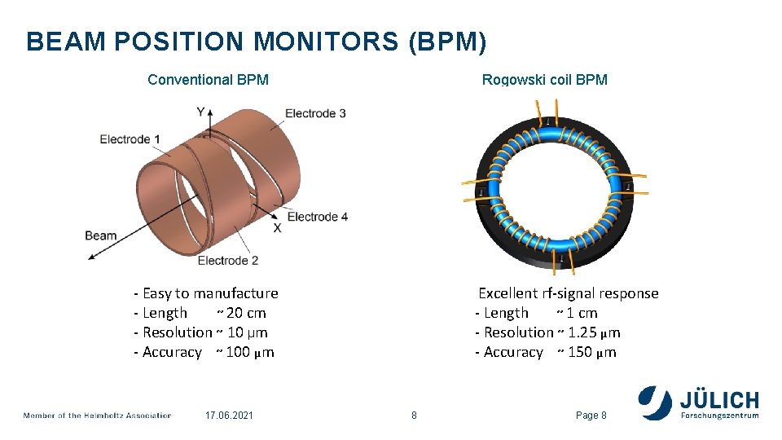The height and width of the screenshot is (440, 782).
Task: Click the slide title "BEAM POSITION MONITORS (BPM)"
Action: (x=257, y=42)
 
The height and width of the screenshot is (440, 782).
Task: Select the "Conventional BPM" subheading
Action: (x=208, y=80)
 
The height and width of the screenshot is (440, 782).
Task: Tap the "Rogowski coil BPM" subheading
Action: (x=544, y=80)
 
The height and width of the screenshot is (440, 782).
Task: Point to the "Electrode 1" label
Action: (x=130, y=139)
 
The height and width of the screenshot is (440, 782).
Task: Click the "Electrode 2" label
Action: (x=228, y=261)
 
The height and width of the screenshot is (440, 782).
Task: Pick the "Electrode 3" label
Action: (x=315, y=113)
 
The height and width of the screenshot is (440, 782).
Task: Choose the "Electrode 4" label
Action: (x=318, y=217)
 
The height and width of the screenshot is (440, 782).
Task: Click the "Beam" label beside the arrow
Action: (x=100, y=236)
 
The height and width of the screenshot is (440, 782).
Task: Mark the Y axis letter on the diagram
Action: (x=200, y=112)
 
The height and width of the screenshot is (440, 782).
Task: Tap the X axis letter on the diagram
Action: (x=277, y=228)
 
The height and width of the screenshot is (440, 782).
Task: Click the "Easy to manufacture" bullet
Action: (x=210, y=293)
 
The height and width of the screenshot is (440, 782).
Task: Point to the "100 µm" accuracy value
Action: (x=250, y=352)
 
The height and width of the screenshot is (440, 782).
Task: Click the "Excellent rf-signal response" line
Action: (x=568, y=293)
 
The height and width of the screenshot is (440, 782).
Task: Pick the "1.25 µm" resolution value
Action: (x=594, y=332)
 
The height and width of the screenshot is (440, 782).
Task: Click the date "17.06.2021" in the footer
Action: (x=230, y=416)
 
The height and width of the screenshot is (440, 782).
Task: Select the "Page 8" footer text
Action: (x=591, y=416)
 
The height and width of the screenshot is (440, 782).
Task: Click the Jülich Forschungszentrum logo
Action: (x=699, y=403)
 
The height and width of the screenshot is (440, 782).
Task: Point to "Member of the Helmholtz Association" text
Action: (x=97, y=416)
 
